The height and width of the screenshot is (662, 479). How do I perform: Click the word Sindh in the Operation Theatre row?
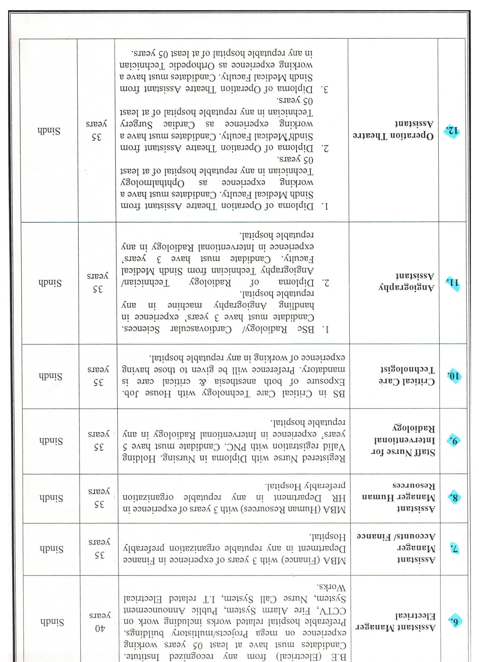(49, 131)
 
